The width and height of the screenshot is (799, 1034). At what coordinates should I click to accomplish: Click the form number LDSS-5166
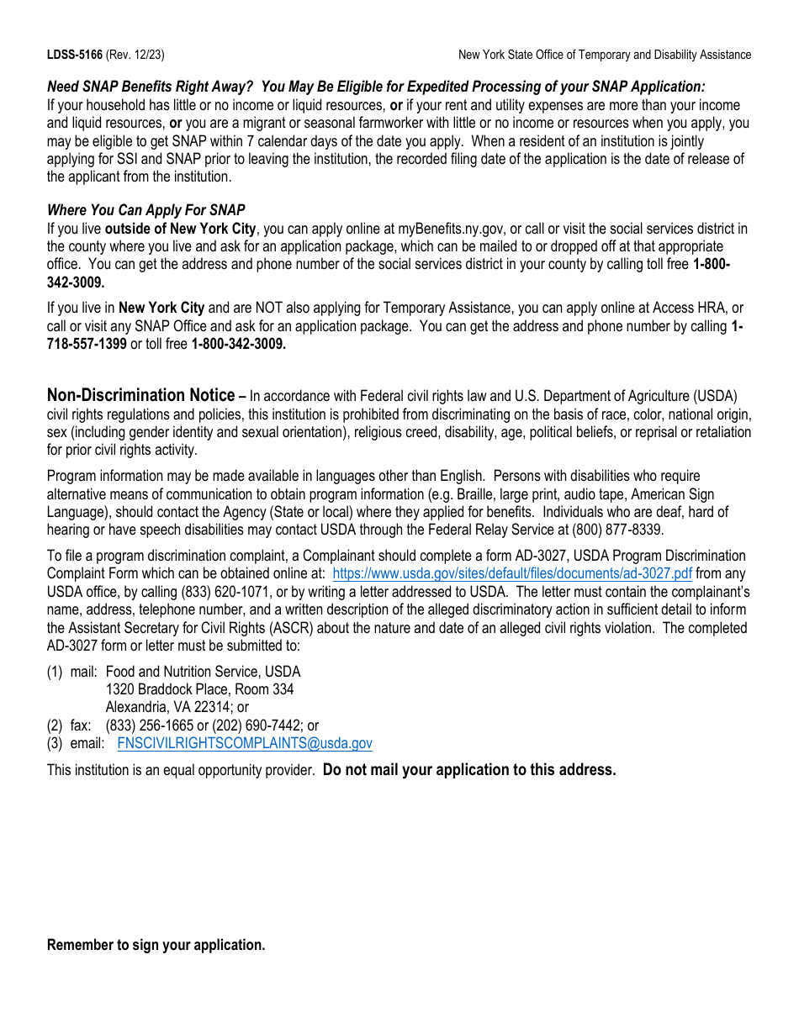point(74,55)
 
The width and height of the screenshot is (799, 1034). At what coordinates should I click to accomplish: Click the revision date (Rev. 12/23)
point(135,55)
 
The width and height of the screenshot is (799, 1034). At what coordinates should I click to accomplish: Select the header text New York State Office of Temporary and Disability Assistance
point(604,55)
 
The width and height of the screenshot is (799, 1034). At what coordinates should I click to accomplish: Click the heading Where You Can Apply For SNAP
point(146,210)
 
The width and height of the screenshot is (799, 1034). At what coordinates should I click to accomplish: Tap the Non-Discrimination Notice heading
point(140,395)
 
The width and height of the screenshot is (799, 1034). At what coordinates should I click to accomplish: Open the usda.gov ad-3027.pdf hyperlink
point(512,573)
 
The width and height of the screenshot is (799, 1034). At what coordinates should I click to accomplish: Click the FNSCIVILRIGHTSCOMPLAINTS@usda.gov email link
point(245,743)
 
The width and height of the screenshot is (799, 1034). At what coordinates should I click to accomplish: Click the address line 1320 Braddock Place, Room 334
point(199,689)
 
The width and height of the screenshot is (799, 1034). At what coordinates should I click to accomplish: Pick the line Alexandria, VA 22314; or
point(177,708)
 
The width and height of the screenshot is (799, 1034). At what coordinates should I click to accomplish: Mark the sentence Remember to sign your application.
point(156,945)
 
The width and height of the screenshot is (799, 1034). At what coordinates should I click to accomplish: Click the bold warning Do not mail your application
point(469,769)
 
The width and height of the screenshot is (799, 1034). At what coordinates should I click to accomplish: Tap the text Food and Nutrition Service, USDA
point(203,672)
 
